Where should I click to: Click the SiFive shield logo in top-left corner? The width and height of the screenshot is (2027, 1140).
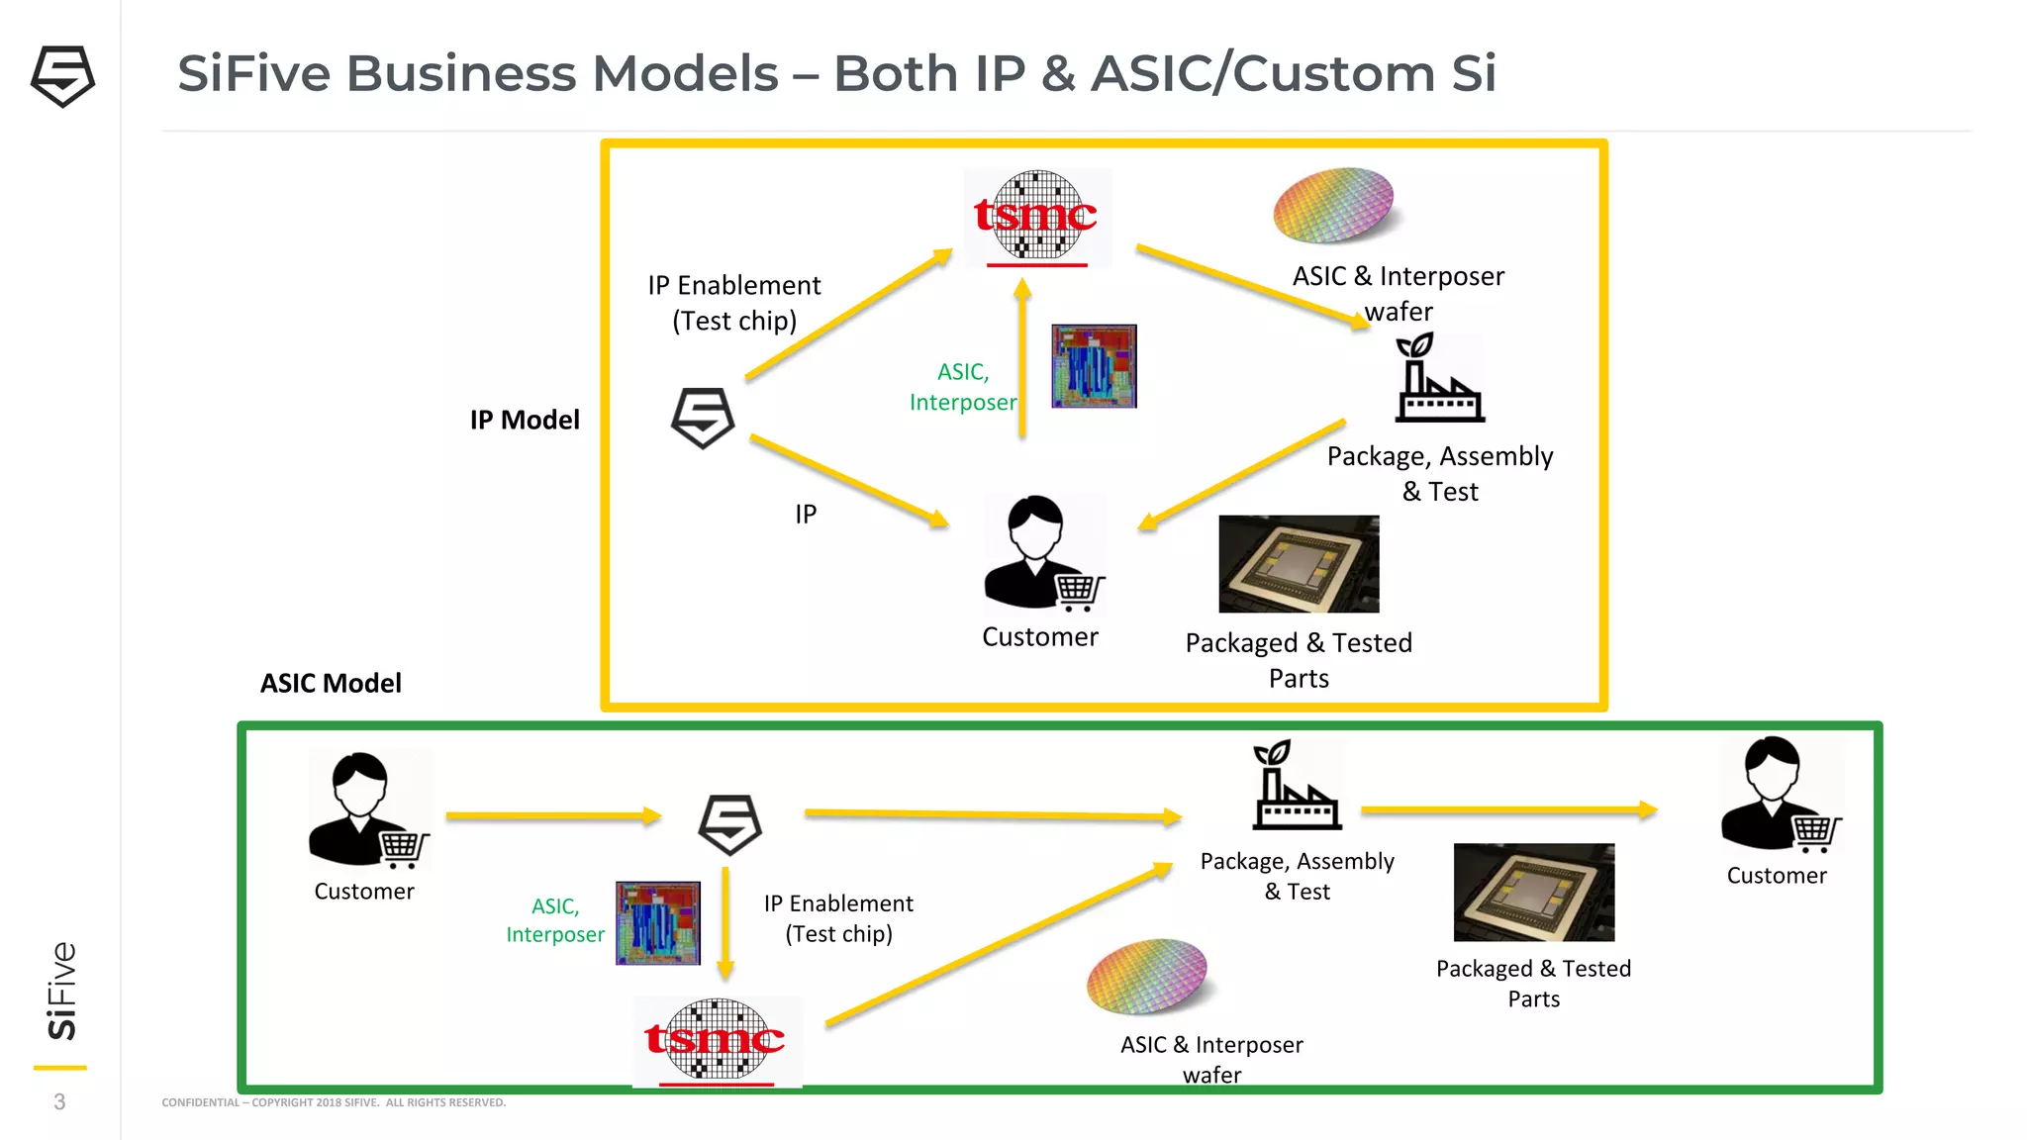click(x=62, y=76)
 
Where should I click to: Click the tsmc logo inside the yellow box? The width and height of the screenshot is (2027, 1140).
click(x=1036, y=217)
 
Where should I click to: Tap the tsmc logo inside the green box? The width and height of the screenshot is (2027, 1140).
click(x=716, y=1040)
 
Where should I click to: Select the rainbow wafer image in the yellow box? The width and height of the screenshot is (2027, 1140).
click(x=1333, y=205)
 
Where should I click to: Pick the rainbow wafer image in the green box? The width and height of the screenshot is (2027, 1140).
click(x=1147, y=976)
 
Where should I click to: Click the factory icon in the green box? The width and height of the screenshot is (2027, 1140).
click(x=1297, y=786)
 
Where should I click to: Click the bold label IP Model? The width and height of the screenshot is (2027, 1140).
click(x=525, y=420)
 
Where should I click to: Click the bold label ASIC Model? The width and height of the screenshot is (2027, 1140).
click(x=331, y=683)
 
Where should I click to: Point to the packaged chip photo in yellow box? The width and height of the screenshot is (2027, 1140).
click(x=1299, y=564)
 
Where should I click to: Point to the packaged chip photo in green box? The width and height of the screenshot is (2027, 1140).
click(x=1533, y=892)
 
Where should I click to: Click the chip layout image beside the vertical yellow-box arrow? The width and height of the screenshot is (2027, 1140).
click(x=1094, y=366)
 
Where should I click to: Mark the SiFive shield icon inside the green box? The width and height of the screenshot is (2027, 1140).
click(x=730, y=824)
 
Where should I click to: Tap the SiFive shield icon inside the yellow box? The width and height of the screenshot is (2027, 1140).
click(x=703, y=418)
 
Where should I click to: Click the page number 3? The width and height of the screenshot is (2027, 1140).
click(x=59, y=1101)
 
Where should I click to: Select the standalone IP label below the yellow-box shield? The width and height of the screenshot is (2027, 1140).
click(x=806, y=514)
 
